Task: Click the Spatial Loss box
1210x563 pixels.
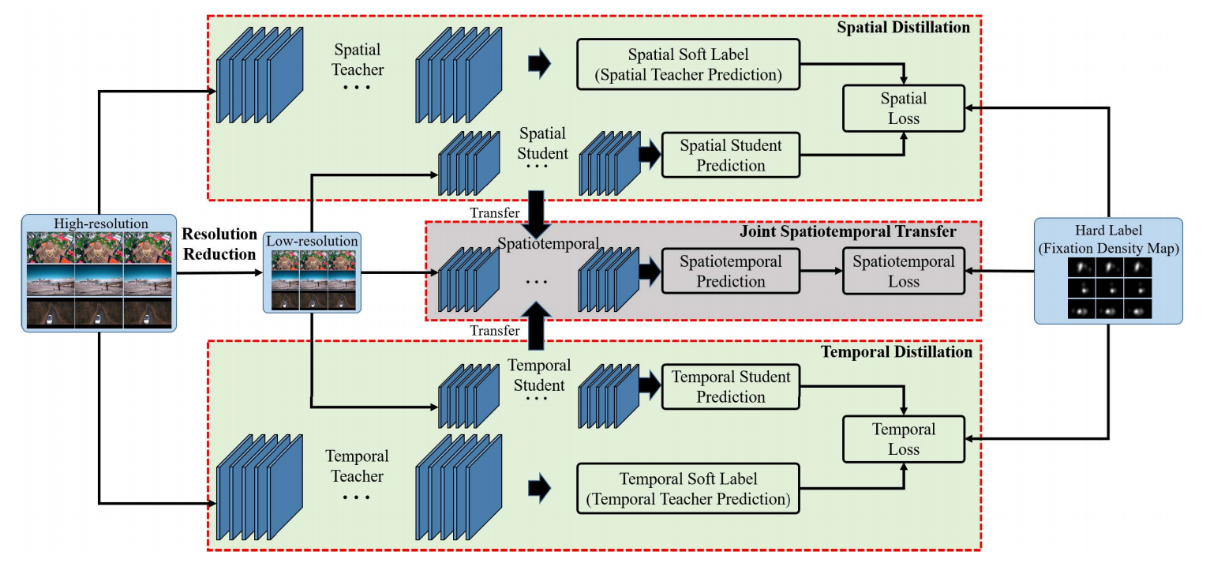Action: pyautogui.click(x=904, y=109)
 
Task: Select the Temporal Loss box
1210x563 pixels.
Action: pyautogui.click(x=904, y=439)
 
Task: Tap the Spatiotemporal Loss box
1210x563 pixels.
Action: pyautogui.click(x=904, y=272)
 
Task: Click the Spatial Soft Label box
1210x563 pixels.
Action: pyautogui.click(x=688, y=66)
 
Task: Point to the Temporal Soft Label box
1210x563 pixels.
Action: pyautogui.click(x=688, y=489)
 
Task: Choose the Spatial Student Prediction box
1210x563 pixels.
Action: pyautogui.click(x=730, y=156)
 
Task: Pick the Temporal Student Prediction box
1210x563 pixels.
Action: pyautogui.click(x=730, y=387)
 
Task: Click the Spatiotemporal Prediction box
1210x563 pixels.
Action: pyautogui.click(x=730, y=272)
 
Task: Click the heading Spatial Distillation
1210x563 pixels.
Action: pyautogui.click(x=905, y=28)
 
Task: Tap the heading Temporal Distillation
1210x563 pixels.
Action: pyautogui.click(x=897, y=352)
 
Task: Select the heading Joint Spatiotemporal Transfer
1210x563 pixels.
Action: pyautogui.click(x=848, y=232)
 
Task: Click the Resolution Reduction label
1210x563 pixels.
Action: pyautogui.click(x=220, y=244)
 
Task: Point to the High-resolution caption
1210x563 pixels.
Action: pyautogui.click(x=101, y=223)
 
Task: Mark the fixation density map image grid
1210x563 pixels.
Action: pyautogui.click(x=1108, y=290)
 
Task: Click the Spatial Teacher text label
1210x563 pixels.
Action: pyautogui.click(x=358, y=59)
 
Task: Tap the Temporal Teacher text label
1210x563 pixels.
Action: pyautogui.click(x=357, y=467)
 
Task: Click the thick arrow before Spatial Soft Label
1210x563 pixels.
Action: pyautogui.click(x=540, y=66)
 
